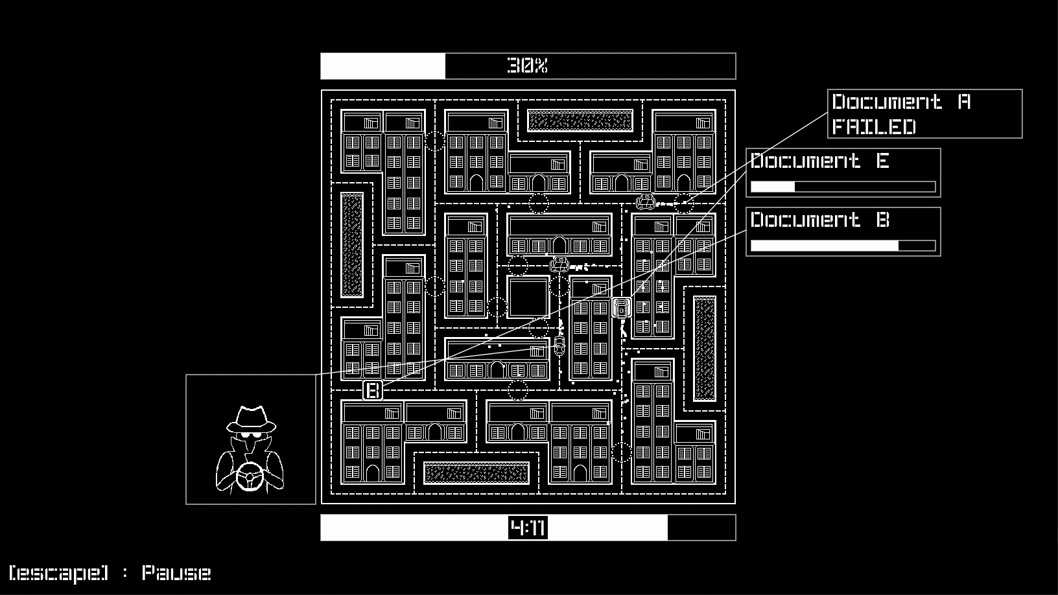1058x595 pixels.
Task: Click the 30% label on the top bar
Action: pos(528,65)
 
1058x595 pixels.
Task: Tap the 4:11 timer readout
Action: pos(528,528)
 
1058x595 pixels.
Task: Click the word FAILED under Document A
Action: pos(874,126)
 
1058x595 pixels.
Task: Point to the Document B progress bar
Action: pos(843,246)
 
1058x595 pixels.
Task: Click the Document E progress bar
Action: pos(843,187)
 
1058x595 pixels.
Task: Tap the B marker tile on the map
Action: pos(373,391)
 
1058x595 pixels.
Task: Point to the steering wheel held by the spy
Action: pos(250,478)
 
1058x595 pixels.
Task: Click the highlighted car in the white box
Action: pos(622,309)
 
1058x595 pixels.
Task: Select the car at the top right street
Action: pos(646,202)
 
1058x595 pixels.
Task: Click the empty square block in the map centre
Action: pos(528,297)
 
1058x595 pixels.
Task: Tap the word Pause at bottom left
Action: pos(176,573)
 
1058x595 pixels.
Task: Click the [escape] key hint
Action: pos(59,573)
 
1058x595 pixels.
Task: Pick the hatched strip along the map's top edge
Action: pos(580,121)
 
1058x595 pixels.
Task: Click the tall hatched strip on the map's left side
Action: pos(352,244)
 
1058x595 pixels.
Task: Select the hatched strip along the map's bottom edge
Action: pos(476,473)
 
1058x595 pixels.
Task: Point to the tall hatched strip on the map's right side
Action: pos(705,349)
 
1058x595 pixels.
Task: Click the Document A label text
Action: pos(901,102)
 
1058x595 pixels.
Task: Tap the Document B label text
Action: pos(820,220)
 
